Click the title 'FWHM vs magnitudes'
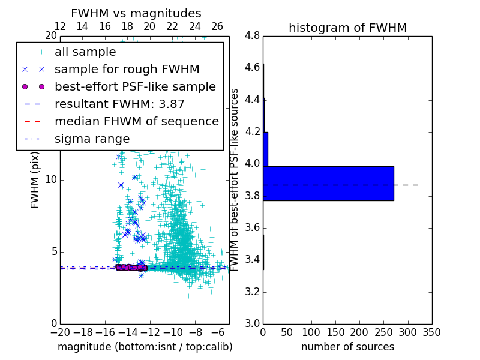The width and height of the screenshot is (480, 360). coord(136,13)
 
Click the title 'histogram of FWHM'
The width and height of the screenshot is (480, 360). coord(347,28)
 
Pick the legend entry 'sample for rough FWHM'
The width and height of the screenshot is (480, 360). coord(127,69)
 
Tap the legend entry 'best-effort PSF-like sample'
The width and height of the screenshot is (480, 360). coord(135,86)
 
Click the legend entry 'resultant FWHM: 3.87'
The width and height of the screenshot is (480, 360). coord(119,104)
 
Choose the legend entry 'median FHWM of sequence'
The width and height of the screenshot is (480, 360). coord(136,121)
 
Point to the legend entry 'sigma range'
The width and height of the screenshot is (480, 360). coord(92,139)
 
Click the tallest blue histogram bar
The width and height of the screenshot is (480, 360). coord(328,183)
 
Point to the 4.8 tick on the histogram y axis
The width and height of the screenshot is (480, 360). coord(252,36)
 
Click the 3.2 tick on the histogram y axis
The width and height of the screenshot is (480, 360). coord(252,292)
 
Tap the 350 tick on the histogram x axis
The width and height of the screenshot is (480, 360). coord(432,332)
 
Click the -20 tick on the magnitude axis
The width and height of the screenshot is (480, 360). coord(60,332)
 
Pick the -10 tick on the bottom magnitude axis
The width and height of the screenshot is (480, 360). coord(173,332)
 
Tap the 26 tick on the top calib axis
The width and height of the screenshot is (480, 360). coord(217,26)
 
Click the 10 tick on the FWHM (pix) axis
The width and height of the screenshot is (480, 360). coord(50,180)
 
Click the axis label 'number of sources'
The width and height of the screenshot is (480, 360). coord(347,347)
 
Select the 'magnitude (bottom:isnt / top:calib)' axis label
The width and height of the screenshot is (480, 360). coord(145,347)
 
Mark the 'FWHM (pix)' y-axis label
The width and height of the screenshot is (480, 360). coord(35,180)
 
